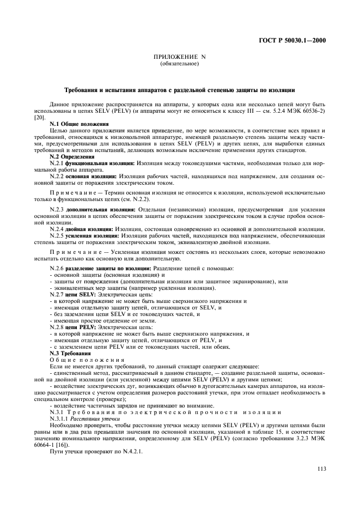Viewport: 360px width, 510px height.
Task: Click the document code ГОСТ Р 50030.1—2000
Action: click(x=301, y=40)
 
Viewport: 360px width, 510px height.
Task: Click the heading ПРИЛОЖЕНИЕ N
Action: click(x=180, y=58)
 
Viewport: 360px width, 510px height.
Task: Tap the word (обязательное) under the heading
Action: click(x=180, y=64)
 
